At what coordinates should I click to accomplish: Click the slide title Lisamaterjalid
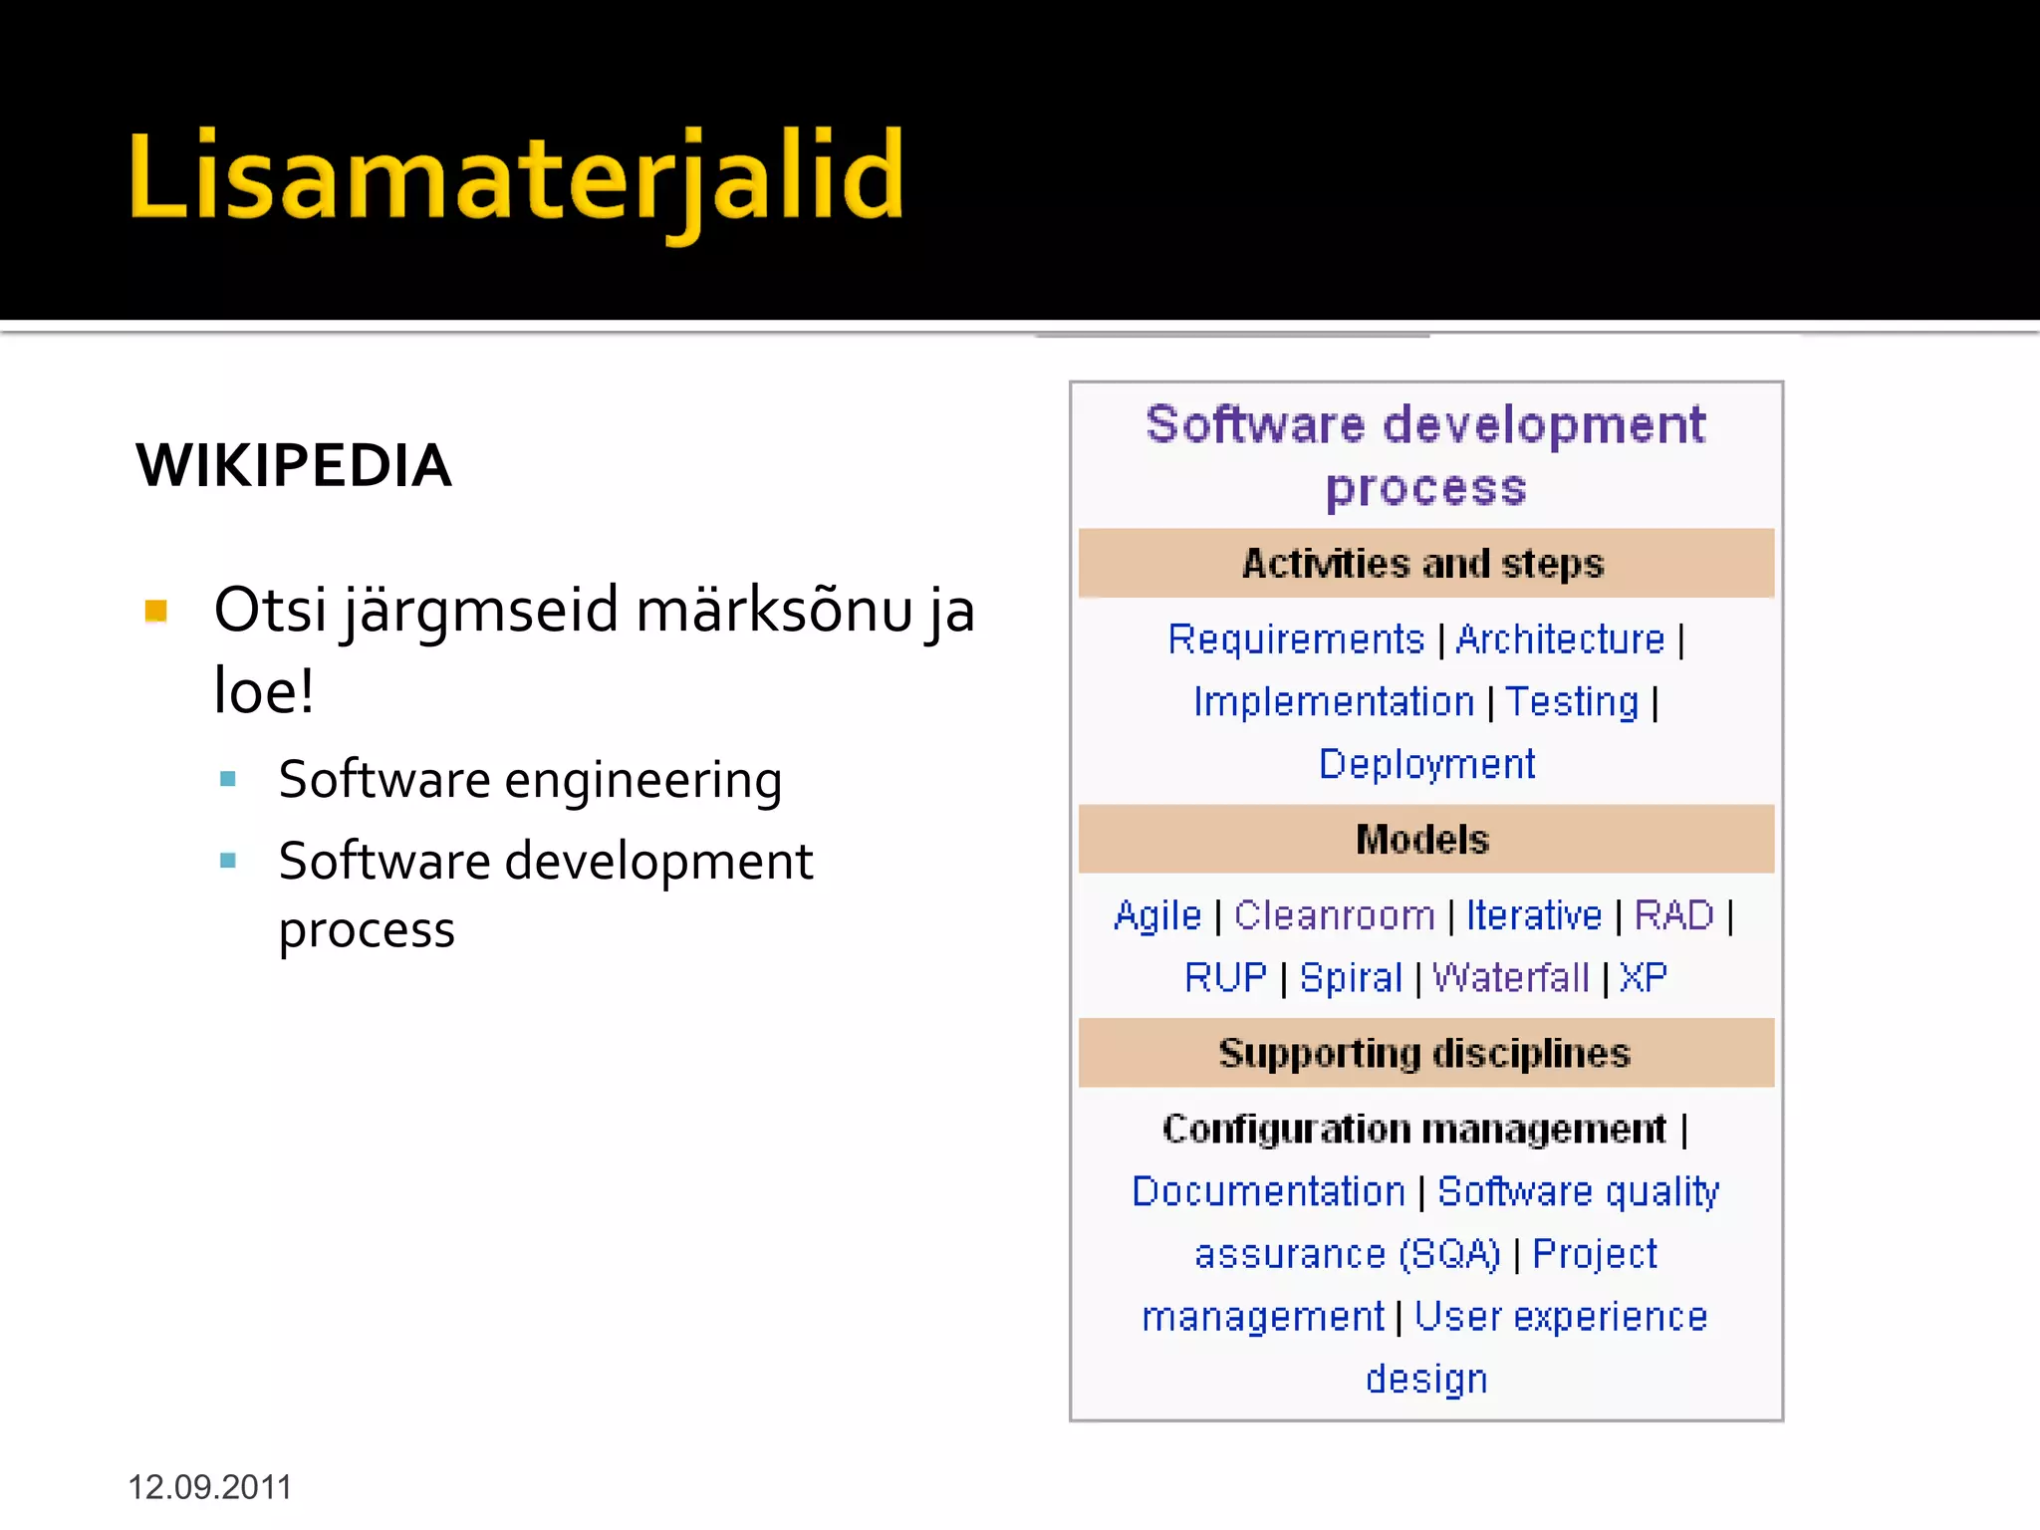click(x=516, y=177)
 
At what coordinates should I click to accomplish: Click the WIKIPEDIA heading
click(x=294, y=465)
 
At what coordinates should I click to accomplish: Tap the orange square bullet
click(x=156, y=610)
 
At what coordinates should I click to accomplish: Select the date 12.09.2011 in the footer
click(x=209, y=1487)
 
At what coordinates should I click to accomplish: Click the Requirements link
click(x=1296, y=639)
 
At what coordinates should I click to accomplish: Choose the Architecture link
click(x=1560, y=639)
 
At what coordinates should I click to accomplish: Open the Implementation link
click(x=1334, y=702)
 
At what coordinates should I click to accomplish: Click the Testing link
click(x=1571, y=702)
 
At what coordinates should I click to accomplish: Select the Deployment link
click(x=1426, y=764)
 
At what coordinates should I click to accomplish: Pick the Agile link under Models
click(x=1157, y=915)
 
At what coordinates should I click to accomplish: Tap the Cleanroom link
click(x=1334, y=915)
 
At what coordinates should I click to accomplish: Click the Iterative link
click(x=1534, y=915)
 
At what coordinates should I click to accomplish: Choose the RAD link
click(x=1673, y=915)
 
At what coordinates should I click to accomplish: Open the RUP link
click(x=1225, y=978)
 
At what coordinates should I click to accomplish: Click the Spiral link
click(x=1351, y=978)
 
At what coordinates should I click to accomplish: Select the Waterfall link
click(x=1510, y=978)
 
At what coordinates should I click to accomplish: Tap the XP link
click(x=1643, y=978)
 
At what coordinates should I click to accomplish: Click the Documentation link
click(x=1268, y=1192)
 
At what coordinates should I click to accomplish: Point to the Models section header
click(x=1422, y=840)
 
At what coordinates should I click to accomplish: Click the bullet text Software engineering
click(x=530, y=779)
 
